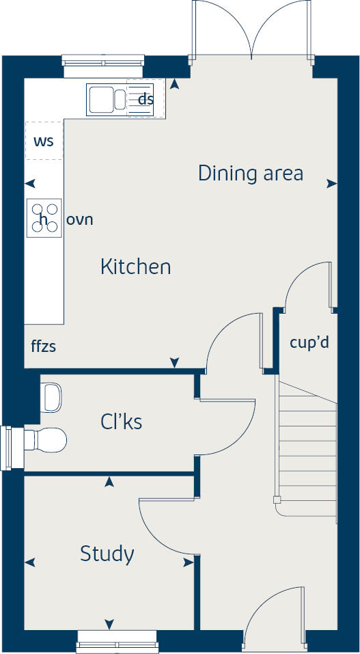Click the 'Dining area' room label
(250, 174)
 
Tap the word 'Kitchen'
(135, 267)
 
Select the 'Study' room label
(107, 554)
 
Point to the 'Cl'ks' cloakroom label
(121, 422)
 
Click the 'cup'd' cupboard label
(309, 342)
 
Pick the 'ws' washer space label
(44, 141)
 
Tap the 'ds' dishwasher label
(146, 99)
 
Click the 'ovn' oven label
(79, 220)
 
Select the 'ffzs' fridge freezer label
(43, 346)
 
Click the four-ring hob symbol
(44, 218)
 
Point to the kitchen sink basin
(101, 99)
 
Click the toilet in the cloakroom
(46, 439)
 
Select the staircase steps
(307, 444)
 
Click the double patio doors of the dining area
(252, 31)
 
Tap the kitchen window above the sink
(103, 62)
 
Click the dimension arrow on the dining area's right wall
(331, 183)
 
